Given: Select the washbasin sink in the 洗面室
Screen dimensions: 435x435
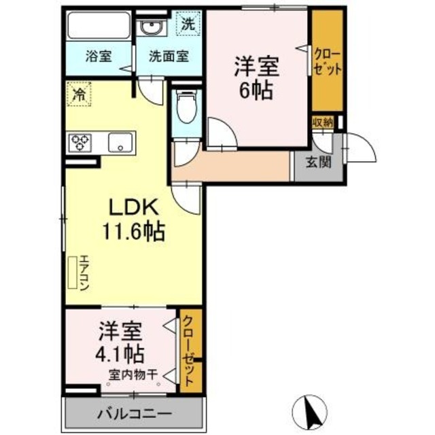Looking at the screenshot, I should click(152, 27).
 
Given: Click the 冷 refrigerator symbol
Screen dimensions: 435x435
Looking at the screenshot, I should click(79, 94).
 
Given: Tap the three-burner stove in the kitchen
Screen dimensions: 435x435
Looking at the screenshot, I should click(81, 143).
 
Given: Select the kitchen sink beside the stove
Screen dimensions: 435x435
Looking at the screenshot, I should click(121, 143).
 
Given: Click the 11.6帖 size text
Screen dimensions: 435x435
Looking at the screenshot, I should click(133, 232).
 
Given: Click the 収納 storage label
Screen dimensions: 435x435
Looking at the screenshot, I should click(323, 122).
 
